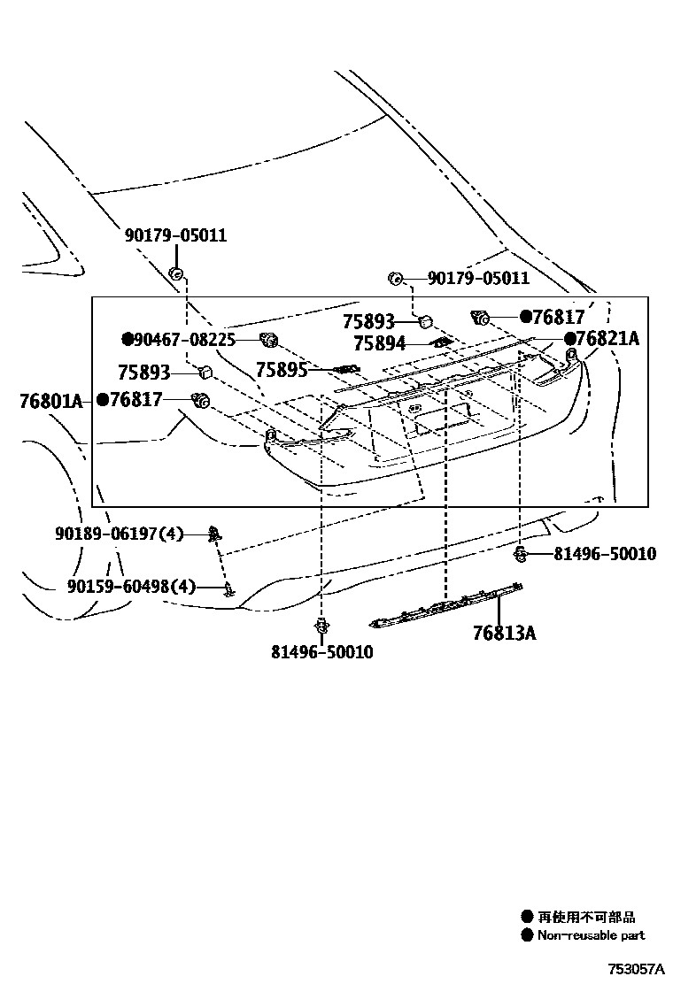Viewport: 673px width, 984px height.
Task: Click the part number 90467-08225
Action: point(184,339)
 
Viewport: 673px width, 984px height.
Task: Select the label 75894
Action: point(379,343)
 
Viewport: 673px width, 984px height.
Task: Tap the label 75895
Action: point(282,369)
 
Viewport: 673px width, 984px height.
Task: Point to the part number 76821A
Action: point(607,339)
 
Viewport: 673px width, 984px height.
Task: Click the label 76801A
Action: point(50,401)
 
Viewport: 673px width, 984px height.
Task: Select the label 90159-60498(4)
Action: point(130,586)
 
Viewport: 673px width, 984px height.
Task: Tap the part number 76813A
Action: point(504,634)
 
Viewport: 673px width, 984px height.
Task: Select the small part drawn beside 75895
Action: point(344,369)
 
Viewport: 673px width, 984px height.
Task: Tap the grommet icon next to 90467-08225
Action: point(268,338)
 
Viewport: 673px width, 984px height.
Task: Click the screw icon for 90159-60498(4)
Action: point(228,588)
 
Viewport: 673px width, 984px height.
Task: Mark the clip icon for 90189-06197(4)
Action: point(214,533)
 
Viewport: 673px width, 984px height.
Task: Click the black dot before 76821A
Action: point(569,339)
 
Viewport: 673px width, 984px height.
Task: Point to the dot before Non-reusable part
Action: point(527,935)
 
